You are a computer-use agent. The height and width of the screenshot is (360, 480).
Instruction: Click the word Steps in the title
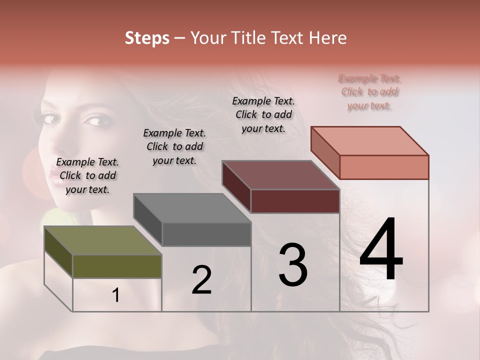click(x=147, y=38)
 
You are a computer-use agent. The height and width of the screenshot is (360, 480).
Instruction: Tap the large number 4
click(x=381, y=250)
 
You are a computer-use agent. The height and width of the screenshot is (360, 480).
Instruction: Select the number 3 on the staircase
click(x=293, y=264)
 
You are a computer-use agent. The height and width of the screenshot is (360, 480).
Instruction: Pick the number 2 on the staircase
click(x=201, y=280)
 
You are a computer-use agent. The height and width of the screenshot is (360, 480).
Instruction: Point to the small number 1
click(x=115, y=295)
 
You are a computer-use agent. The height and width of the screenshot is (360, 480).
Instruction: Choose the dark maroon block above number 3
click(x=280, y=175)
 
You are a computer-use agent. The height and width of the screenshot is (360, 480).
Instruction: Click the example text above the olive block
click(x=87, y=175)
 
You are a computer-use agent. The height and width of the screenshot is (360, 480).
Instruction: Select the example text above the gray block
click(x=174, y=146)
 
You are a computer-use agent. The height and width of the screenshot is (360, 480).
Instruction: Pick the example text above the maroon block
click(x=263, y=114)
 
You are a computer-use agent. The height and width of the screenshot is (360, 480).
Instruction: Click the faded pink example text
click(x=370, y=92)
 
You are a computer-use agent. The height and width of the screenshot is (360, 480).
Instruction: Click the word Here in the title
click(x=328, y=38)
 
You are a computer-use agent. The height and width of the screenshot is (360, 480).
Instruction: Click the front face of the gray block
click(x=206, y=234)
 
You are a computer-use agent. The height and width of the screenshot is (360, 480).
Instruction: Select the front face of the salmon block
click(x=384, y=167)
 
